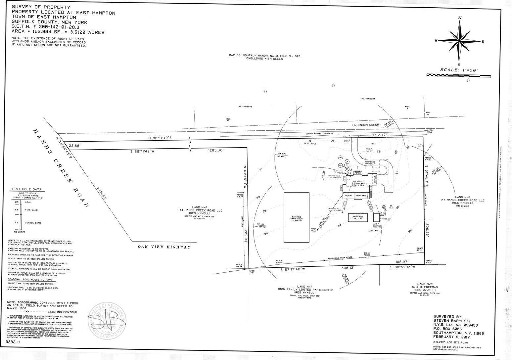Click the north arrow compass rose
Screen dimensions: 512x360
459,41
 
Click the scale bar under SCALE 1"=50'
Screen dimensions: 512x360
457,75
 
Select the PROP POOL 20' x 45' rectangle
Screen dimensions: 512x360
358,217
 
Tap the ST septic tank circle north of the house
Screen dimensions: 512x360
347,169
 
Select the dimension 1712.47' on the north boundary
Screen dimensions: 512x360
379,135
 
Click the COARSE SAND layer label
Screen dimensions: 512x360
33,223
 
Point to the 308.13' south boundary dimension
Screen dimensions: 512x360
348,268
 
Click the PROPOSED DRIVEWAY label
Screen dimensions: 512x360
370,163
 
